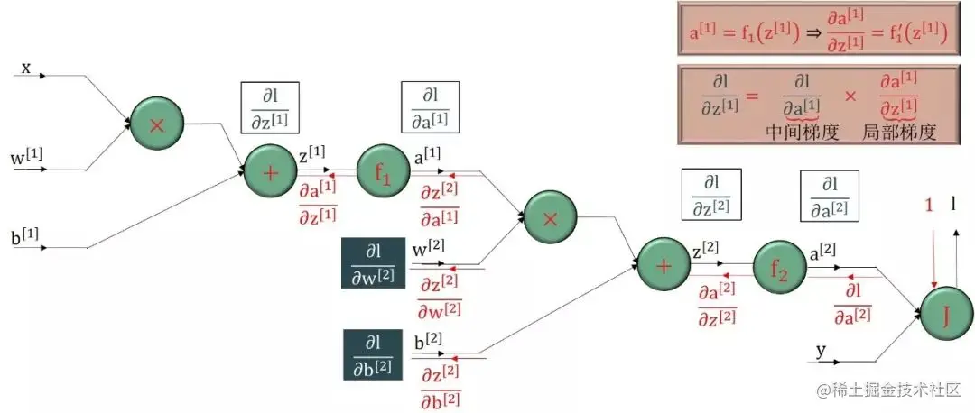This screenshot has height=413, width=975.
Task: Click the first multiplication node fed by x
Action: coord(156,125)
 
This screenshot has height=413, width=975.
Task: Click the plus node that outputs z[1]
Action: coord(270,172)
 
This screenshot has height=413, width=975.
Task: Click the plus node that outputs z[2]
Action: coord(664,265)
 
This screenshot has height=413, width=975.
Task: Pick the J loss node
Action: coord(946,315)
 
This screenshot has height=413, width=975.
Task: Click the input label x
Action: coord(26,68)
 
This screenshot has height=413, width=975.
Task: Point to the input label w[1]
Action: coord(27,158)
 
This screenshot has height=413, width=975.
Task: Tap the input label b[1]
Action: coord(25,237)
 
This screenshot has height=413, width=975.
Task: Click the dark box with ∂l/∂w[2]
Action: coord(372,263)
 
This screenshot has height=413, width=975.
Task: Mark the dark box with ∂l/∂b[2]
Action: coord(372,354)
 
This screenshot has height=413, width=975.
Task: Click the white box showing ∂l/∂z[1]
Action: coord(269,109)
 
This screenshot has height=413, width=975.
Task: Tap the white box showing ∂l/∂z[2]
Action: coord(710,195)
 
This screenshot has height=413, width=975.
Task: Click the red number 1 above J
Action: coord(928,206)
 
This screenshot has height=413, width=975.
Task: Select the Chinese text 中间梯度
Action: coord(803,132)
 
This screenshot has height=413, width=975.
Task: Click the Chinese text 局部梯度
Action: coord(898,132)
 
